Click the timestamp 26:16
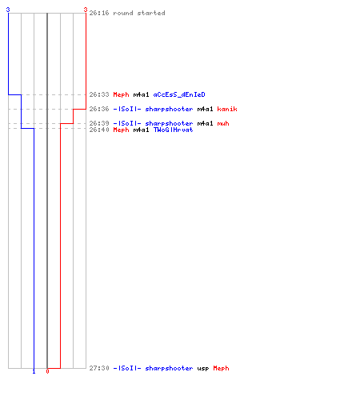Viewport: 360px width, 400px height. click(x=99, y=13)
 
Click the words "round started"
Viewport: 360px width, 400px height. click(x=139, y=13)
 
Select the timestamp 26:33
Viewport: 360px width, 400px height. click(x=99, y=94)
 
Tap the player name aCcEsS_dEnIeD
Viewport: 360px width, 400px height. click(x=179, y=94)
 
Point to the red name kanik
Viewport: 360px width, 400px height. click(x=227, y=109)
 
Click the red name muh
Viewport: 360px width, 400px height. click(x=223, y=123)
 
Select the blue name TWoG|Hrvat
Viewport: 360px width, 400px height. click(x=173, y=130)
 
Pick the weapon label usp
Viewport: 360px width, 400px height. click(x=203, y=369)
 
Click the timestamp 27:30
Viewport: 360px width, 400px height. click(x=99, y=368)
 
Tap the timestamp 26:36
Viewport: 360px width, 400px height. click(x=99, y=109)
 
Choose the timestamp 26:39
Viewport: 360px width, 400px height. click(x=99, y=123)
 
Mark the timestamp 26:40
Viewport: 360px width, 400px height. click(x=99, y=130)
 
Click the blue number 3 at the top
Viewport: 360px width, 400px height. click(x=8, y=10)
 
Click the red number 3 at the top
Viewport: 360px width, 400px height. click(x=86, y=10)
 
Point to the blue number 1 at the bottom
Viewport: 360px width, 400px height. click(x=34, y=371)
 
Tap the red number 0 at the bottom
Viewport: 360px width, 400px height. click(x=47, y=371)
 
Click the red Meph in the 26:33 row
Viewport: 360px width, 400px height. click(x=121, y=94)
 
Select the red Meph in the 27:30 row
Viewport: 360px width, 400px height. click(x=221, y=369)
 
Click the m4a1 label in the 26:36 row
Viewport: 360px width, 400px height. click(x=205, y=109)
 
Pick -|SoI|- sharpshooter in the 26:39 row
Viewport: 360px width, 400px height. click(x=153, y=123)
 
